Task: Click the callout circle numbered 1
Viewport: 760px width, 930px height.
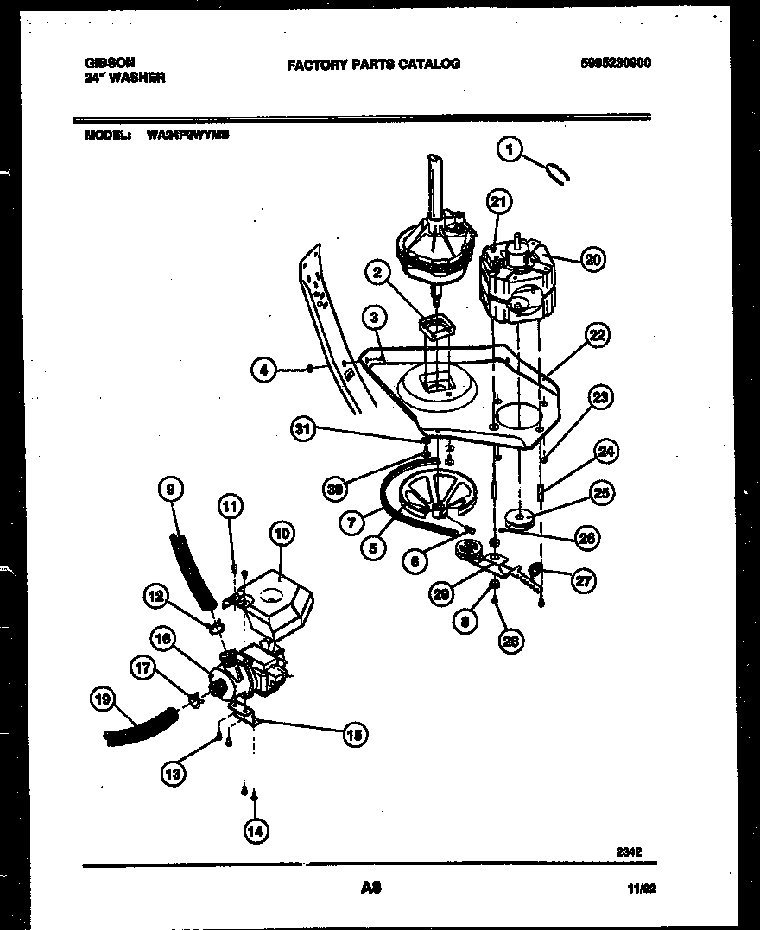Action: pyautogui.click(x=510, y=150)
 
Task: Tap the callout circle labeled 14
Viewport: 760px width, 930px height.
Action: pyautogui.click(x=256, y=831)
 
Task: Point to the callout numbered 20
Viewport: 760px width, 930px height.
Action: pyautogui.click(x=592, y=258)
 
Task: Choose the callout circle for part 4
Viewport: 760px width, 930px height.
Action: pyautogui.click(x=264, y=370)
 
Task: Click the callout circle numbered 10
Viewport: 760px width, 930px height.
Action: pyautogui.click(x=282, y=534)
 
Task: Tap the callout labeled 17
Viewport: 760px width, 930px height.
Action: pyautogui.click(x=144, y=667)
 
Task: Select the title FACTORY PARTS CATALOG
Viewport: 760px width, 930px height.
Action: pyautogui.click(x=373, y=63)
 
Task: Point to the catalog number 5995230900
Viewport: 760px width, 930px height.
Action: pyautogui.click(x=615, y=63)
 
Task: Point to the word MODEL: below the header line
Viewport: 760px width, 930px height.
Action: pyautogui.click(x=108, y=136)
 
